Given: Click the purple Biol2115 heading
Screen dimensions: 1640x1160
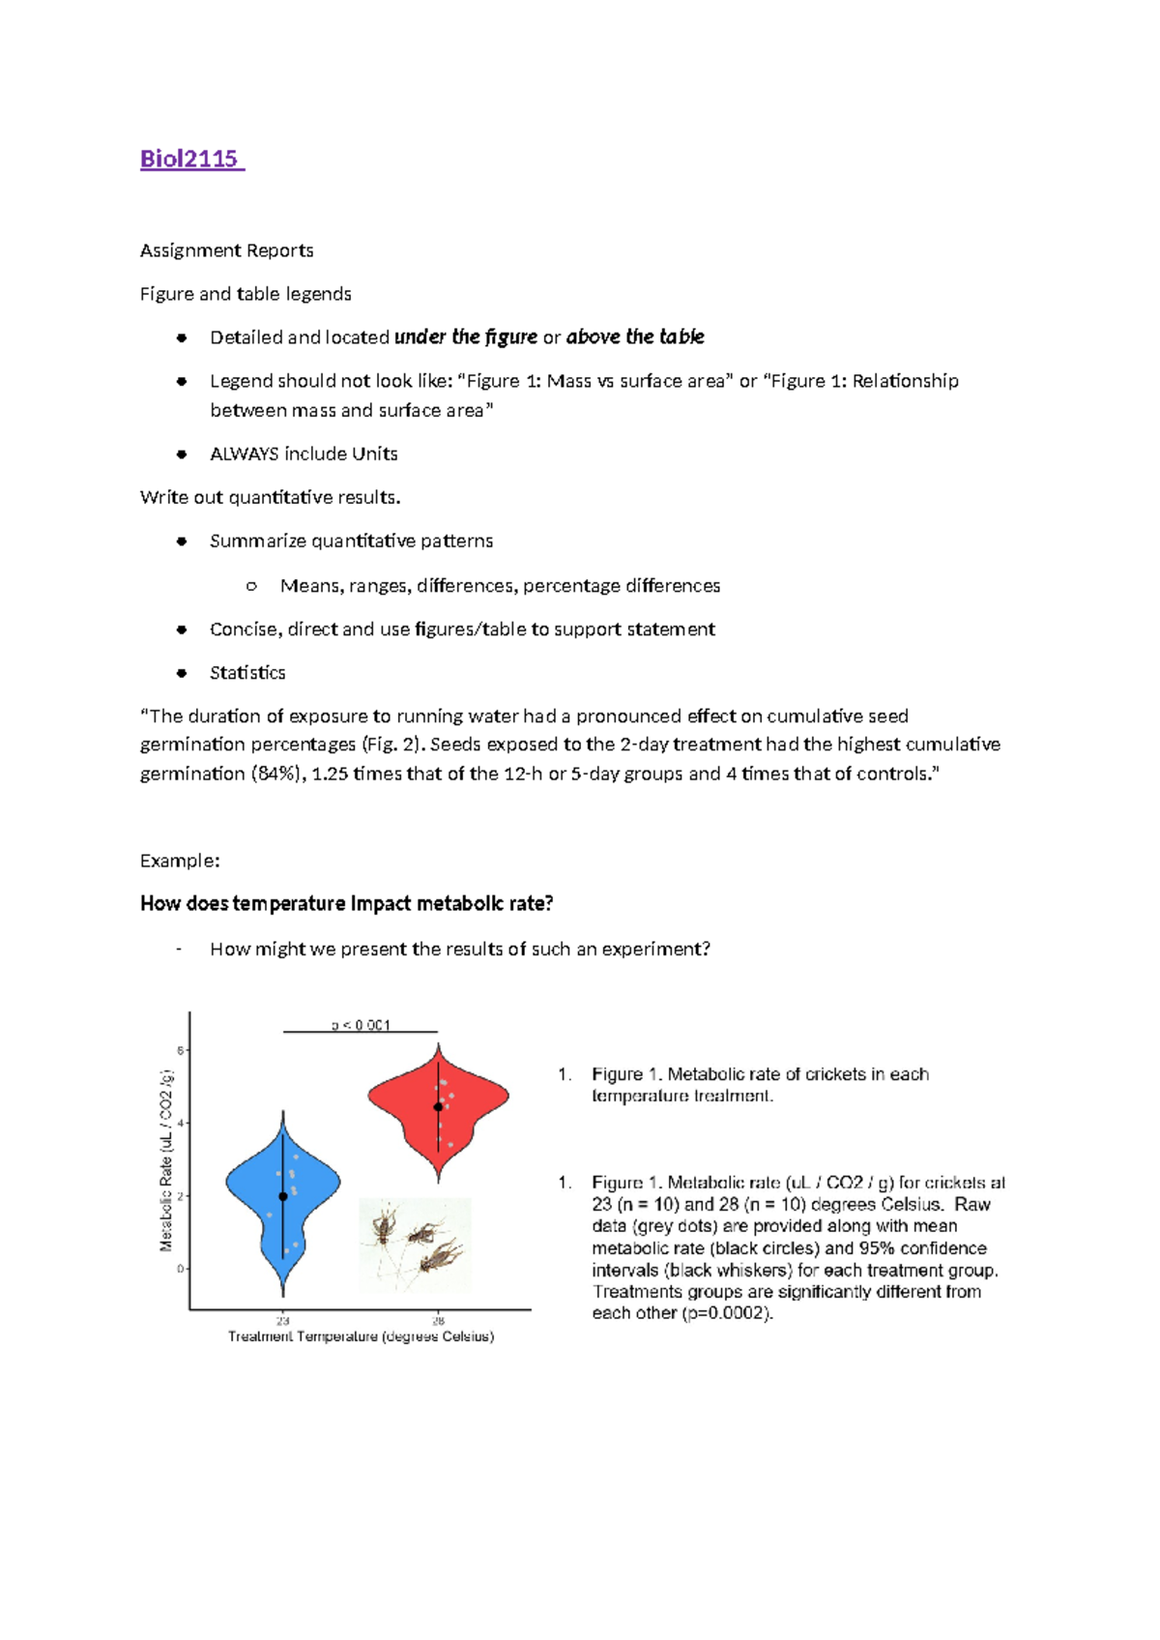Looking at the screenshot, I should click(x=190, y=159).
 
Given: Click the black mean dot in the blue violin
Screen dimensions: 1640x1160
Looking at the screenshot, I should click(x=283, y=1196).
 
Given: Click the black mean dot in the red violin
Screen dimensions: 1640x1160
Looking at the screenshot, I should click(x=438, y=1107).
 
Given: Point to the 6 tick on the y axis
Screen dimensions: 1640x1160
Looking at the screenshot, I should click(x=181, y=1050).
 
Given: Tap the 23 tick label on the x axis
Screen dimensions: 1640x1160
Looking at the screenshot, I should click(x=283, y=1321).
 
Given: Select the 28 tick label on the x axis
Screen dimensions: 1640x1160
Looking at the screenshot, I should click(x=438, y=1321).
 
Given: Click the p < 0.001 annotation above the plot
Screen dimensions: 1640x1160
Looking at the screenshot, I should click(x=361, y=1025).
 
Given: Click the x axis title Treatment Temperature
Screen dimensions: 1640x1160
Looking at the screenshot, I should click(x=361, y=1337).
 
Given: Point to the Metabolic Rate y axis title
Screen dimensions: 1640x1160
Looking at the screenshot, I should click(x=166, y=1160).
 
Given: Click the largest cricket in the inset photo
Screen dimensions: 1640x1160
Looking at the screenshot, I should click(x=442, y=1257).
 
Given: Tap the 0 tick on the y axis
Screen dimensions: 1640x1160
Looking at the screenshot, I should click(x=181, y=1269).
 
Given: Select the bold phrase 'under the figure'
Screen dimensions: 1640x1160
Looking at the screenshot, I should click(x=466, y=337).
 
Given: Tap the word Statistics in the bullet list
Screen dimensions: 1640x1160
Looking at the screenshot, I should click(x=247, y=672).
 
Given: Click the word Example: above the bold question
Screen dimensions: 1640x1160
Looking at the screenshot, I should click(x=180, y=861).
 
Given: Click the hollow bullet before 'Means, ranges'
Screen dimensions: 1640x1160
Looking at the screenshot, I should click(x=251, y=586).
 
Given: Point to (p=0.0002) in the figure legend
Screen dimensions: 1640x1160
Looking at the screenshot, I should click(x=727, y=1314).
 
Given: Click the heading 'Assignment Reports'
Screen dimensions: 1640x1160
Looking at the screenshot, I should click(x=226, y=250).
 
